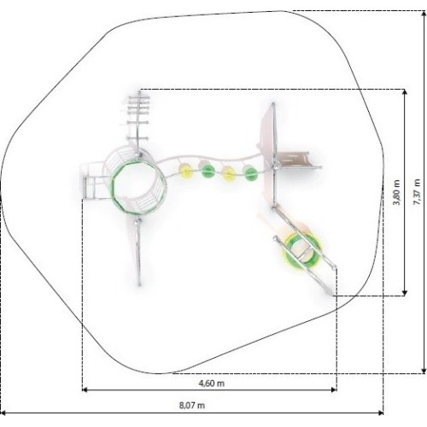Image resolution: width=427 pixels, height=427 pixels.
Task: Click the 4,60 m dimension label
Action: tap(212, 383)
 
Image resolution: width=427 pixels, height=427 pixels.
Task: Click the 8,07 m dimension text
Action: tap(192, 405)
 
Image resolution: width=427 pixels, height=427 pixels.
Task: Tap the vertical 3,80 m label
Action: tap(396, 192)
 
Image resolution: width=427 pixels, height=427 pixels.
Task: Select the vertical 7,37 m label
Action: tap(417, 192)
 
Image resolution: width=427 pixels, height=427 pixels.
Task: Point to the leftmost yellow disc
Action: tap(185, 170)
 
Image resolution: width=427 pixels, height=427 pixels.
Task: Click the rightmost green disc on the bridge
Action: tap(251, 173)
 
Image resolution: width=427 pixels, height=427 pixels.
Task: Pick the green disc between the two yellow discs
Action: tap(208, 170)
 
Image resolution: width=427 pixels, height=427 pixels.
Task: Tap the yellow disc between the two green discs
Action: tap(228, 173)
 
